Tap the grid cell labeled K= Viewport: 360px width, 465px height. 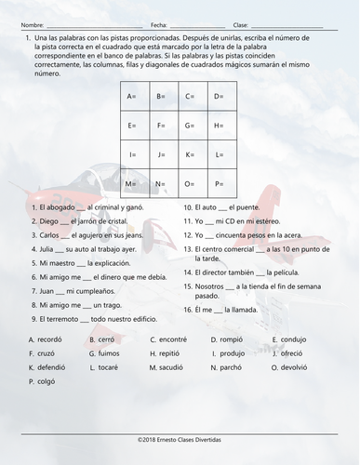(x=193, y=153)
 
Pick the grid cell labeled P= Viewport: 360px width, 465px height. (x=222, y=183)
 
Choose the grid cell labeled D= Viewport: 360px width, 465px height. (x=222, y=96)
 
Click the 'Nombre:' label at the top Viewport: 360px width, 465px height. (x=32, y=23)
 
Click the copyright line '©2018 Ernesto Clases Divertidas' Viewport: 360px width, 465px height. (x=180, y=438)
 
